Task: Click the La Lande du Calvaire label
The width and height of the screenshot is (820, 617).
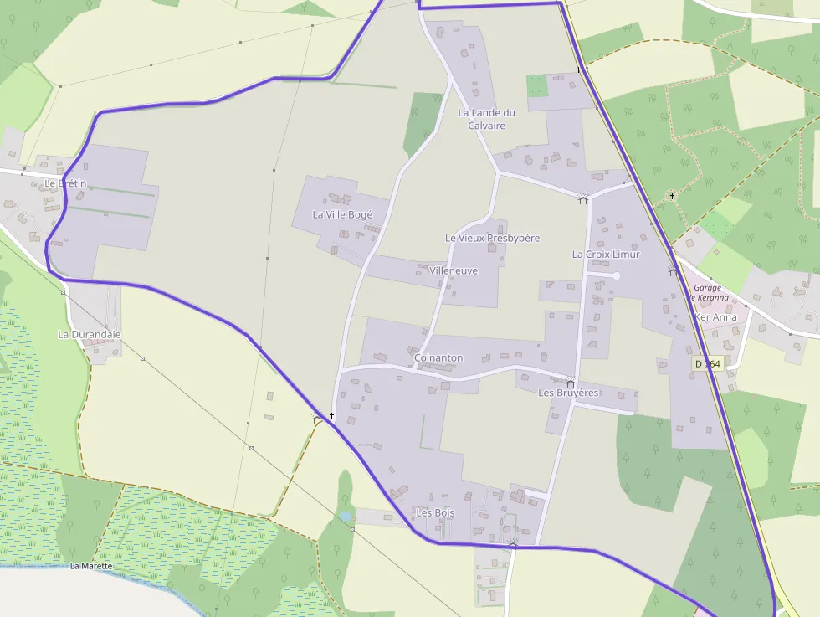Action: click(486, 119)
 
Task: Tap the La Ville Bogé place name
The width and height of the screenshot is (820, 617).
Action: click(342, 214)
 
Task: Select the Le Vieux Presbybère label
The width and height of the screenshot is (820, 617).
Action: click(492, 239)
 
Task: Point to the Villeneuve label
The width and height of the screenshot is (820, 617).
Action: click(453, 271)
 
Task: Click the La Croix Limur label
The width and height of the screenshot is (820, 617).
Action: click(606, 255)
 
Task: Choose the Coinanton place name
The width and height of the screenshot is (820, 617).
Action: click(438, 358)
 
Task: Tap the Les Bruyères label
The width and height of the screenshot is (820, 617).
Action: click(568, 393)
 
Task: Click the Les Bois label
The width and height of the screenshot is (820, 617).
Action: click(435, 512)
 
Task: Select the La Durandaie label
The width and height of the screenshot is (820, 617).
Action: click(90, 335)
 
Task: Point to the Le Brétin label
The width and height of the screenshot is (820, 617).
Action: click(65, 183)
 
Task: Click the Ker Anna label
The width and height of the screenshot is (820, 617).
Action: click(716, 317)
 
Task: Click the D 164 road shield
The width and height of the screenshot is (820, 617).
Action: click(707, 364)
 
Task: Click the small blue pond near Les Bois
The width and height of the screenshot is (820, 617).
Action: click(346, 517)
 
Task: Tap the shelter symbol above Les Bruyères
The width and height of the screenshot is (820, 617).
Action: click(571, 382)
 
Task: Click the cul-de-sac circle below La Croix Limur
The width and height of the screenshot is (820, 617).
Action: click(617, 275)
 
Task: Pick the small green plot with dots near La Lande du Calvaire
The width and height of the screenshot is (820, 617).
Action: click(537, 85)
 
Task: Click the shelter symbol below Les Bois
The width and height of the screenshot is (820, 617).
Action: click(513, 543)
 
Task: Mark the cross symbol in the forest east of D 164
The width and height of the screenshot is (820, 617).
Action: click(672, 196)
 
